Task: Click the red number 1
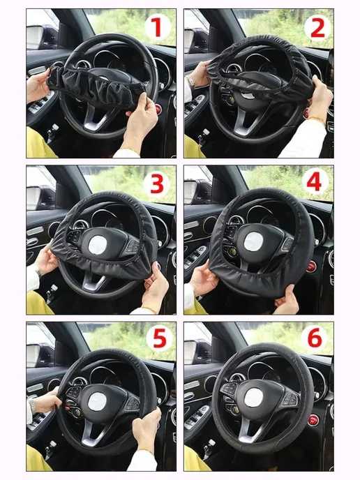click(158, 27)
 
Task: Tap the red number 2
click(317, 28)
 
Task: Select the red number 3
click(157, 184)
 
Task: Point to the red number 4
click(315, 182)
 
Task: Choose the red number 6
click(315, 337)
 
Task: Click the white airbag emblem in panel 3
click(98, 245)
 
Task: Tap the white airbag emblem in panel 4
click(253, 241)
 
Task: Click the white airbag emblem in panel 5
click(97, 402)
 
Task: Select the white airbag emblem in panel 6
click(253, 398)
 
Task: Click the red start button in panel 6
click(313, 420)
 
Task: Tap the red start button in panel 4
click(311, 266)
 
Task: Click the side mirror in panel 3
click(33, 197)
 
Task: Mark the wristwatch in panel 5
click(32, 407)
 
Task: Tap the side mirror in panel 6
click(190, 352)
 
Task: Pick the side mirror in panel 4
click(190, 193)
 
